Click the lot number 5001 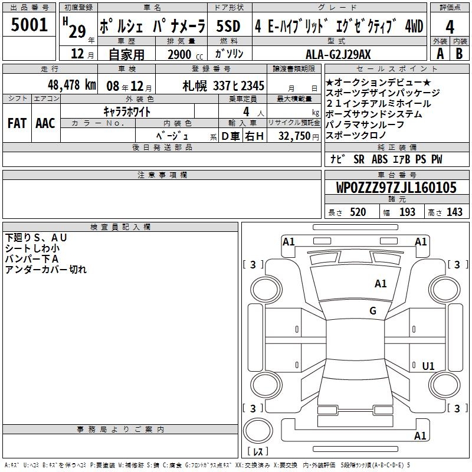pos(29,25)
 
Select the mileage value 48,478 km pos(71,85)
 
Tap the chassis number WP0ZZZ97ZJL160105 pos(396,188)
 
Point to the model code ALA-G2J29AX pos(338,54)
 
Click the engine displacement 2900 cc pos(185,54)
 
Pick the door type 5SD pos(228,26)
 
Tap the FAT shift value pos(17,123)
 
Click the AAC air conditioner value pos(45,123)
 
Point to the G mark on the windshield pos(373,310)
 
